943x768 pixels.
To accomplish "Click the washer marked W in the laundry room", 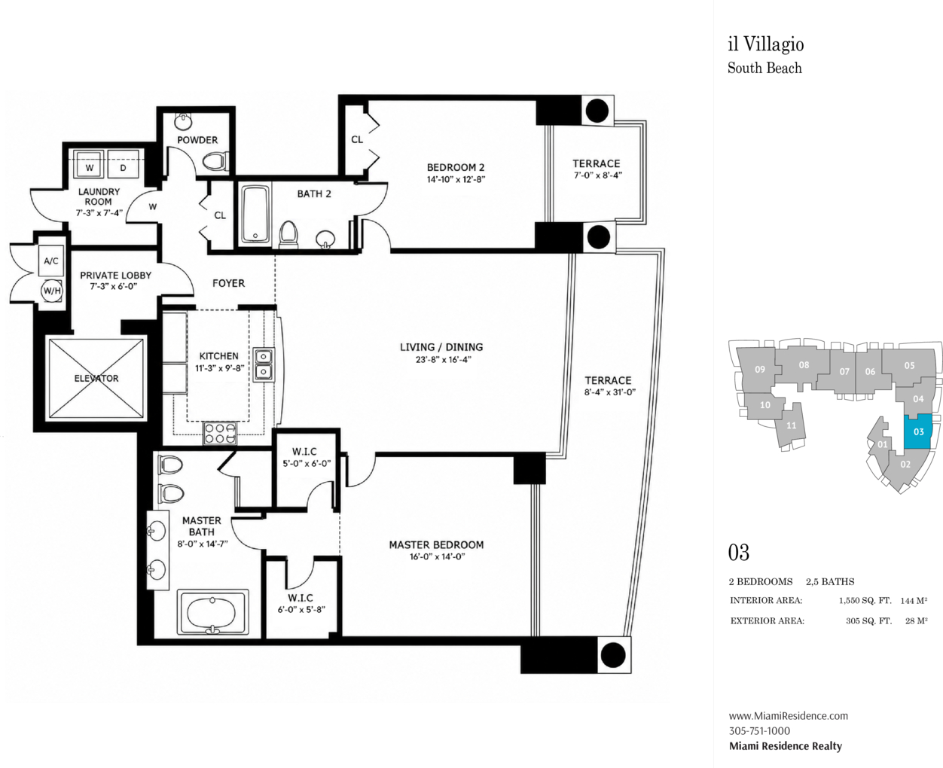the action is coord(90,164).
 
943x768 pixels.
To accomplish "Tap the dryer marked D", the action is coord(124,164).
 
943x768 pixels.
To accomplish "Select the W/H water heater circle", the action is coord(51,291).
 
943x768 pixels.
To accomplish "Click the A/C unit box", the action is coord(51,261).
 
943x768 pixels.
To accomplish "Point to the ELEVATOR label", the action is coord(96,379).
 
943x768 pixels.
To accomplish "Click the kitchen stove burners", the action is coord(220,432).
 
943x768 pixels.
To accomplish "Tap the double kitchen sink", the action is coord(264,364).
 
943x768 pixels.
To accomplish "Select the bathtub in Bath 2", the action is coord(255,215).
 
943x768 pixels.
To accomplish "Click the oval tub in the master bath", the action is coord(212,613).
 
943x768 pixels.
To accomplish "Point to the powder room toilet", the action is coord(215,161).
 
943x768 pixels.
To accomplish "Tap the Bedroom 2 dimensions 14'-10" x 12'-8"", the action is coord(456,180).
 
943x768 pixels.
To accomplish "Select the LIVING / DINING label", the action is coord(441,347).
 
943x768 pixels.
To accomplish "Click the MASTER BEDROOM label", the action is coord(436,545).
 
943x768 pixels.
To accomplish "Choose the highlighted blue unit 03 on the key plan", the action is coord(917,431).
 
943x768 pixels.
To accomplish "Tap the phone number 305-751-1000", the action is coord(759,731).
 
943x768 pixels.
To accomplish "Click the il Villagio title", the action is coord(766,44).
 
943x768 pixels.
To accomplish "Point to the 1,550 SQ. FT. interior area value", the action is coord(865,601).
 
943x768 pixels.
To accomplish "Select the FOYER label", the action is coord(228,283).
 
